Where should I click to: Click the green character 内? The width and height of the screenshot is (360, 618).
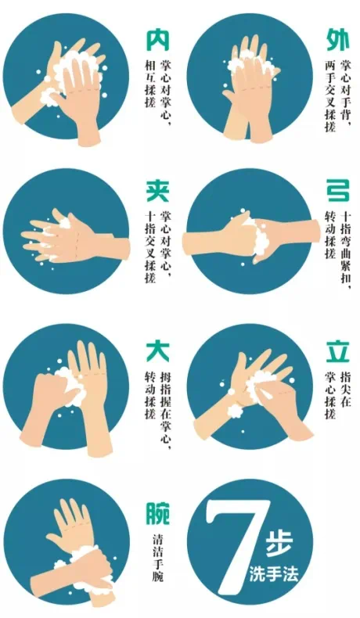[158, 41]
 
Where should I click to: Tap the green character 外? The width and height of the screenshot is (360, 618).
[338, 41]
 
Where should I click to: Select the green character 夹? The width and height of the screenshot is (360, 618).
[158, 191]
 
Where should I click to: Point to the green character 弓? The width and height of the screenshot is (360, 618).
[338, 191]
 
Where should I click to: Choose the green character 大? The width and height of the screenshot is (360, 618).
[158, 352]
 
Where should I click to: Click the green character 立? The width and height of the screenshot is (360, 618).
[338, 352]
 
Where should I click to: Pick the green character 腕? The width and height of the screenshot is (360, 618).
[158, 513]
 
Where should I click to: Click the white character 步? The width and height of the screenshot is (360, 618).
[279, 544]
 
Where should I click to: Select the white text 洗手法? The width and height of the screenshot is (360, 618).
[274, 573]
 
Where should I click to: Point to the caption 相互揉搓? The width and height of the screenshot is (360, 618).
[150, 84]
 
